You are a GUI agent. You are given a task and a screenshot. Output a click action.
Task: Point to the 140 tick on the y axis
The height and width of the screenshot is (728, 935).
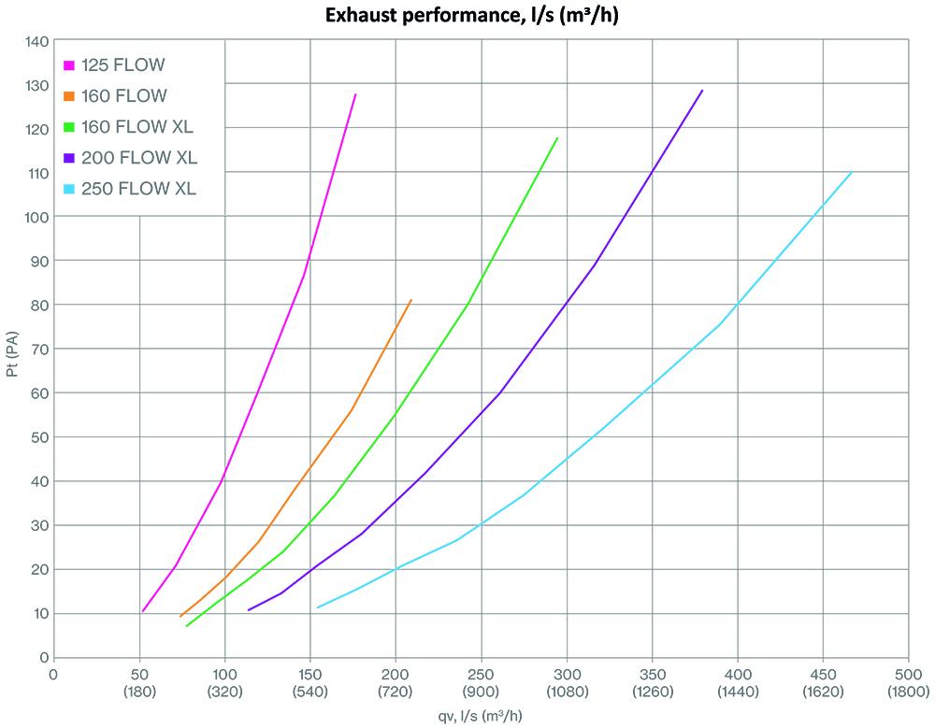tap(36, 41)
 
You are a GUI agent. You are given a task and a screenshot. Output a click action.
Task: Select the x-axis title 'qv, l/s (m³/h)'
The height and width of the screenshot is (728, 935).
tap(481, 715)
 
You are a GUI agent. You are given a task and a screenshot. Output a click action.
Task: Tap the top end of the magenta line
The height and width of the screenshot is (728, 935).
tap(355, 94)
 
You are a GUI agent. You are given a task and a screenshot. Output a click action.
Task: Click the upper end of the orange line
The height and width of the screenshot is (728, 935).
tap(410, 300)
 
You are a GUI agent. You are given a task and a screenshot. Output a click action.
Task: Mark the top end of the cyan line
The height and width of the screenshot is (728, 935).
tap(851, 172)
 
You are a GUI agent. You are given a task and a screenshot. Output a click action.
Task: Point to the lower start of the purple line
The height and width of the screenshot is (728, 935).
tap(248, 610)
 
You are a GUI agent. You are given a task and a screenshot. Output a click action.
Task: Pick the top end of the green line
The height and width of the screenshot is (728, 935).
tap(557, 138)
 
